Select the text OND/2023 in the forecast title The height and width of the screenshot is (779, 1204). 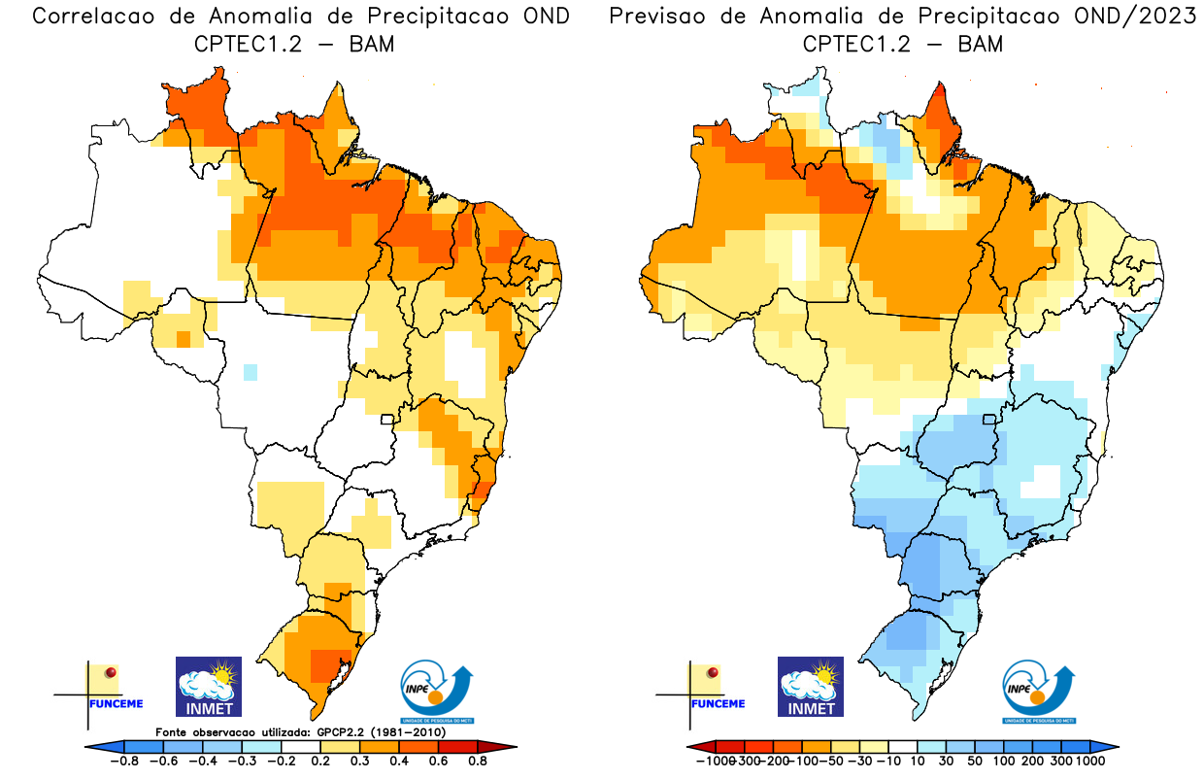click(x=1136, y=17)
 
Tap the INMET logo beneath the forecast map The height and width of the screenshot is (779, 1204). click(x=810, y=686)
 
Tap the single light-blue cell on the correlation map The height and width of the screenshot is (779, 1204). click(x=250, y=371)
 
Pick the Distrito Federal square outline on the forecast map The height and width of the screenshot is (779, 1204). click(x=990, y=420)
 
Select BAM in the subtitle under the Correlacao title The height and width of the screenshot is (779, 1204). click(x=371, y=44)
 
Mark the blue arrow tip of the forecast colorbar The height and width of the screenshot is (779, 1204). click(x=1113, y=747)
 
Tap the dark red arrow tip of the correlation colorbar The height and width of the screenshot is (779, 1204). click(x=510, y=747)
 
